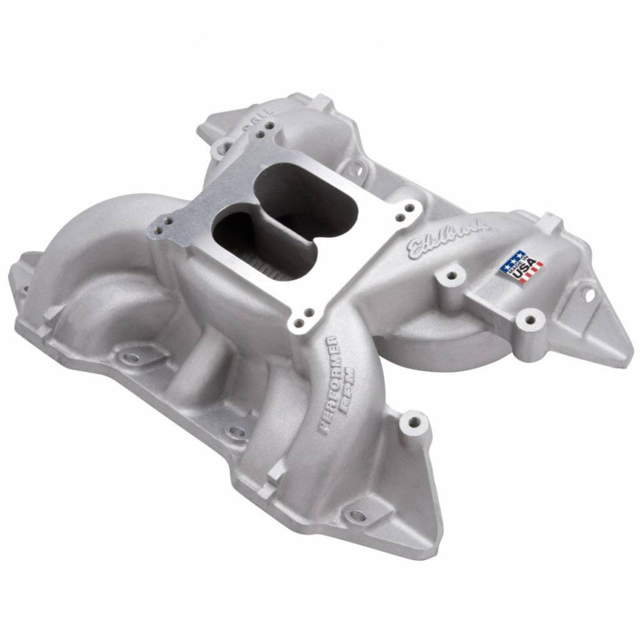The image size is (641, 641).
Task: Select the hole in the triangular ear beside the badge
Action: (592, 295)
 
